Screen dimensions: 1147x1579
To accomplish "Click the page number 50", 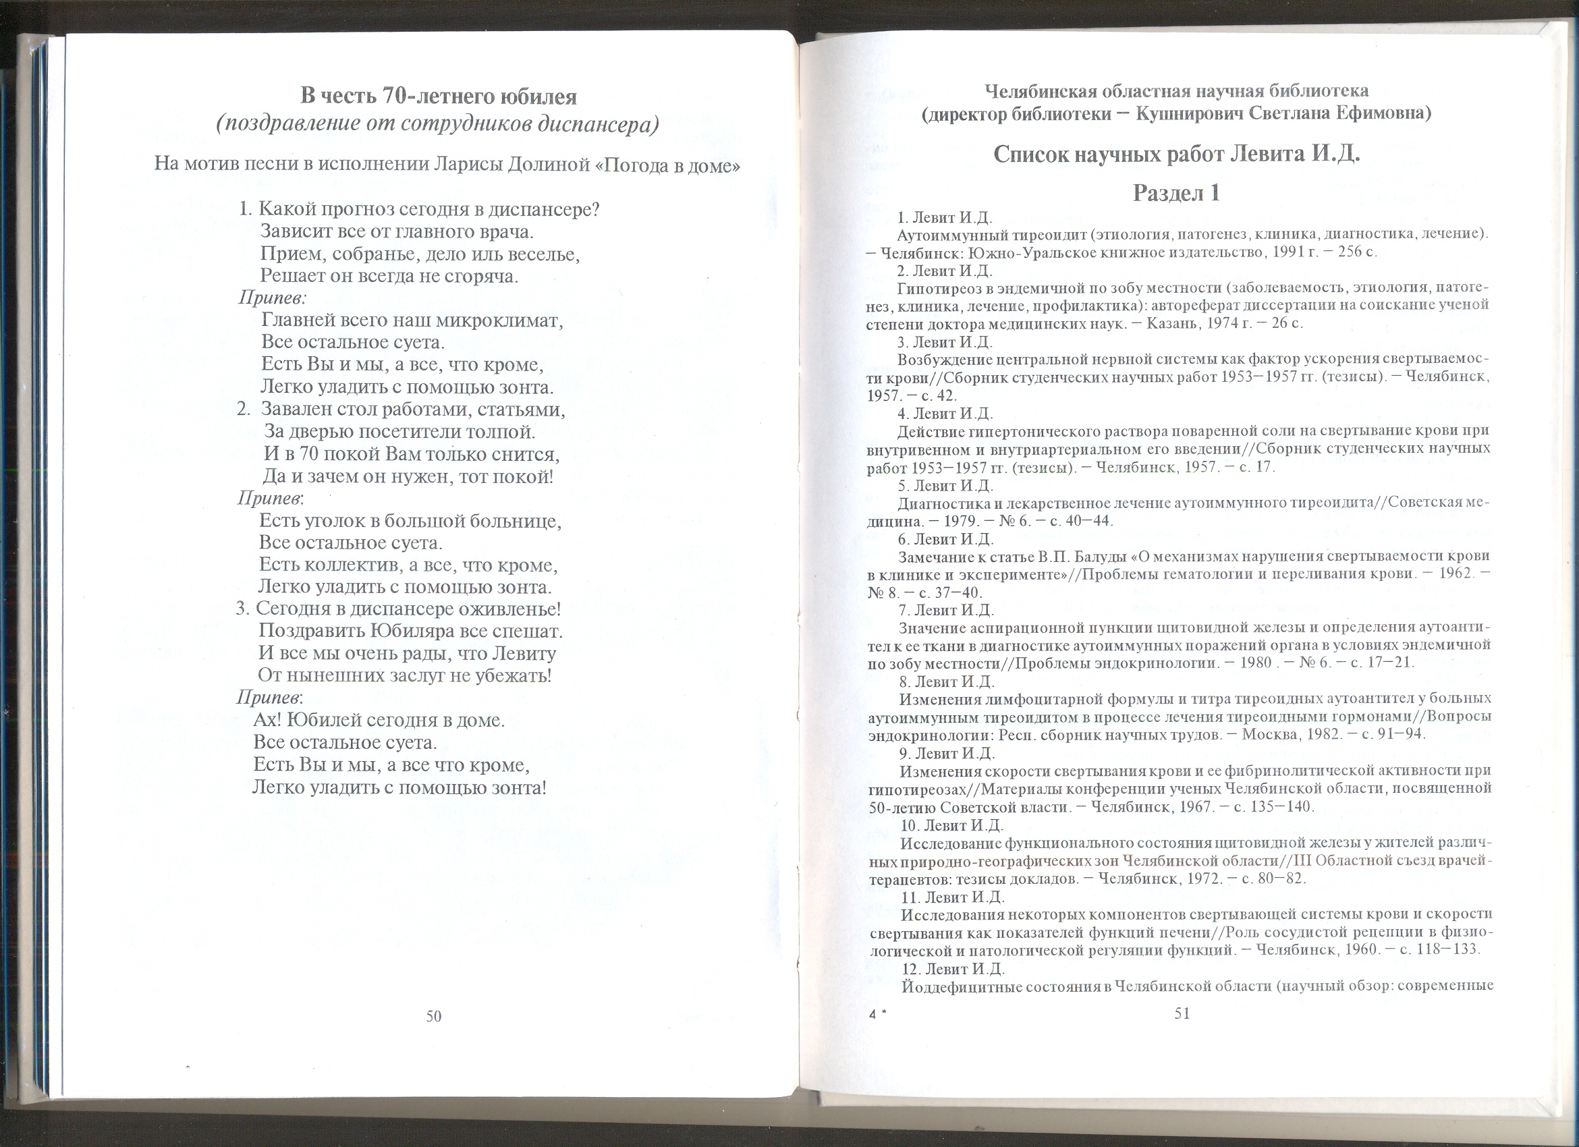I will pos(434,1016).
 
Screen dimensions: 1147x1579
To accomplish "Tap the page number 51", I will pos(1182,1013).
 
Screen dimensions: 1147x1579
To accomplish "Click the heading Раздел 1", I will pos(1177,193).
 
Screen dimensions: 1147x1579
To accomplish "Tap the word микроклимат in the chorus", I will pos(504,321).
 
